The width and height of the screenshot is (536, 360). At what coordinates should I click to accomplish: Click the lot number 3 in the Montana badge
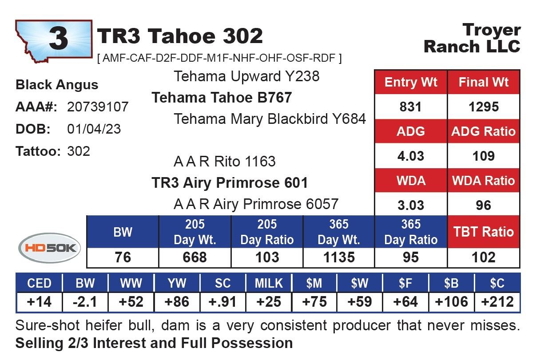click(x=58, y=38)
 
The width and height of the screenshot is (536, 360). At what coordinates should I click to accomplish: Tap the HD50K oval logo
click(x=50, y=248)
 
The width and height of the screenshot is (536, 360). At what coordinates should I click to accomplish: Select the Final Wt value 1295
click(x=484, y=107)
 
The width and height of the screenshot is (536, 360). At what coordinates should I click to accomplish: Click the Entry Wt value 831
click(x=410, y=107)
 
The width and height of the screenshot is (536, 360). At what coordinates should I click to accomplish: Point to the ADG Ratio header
click(x=483, y=131)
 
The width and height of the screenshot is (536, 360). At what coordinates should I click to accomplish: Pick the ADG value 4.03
click(x=411, y=156)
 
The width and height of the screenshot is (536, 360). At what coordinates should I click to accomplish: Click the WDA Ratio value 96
click(x=483, y=205)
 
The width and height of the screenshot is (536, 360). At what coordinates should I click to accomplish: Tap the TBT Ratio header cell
click(x=484, y=232)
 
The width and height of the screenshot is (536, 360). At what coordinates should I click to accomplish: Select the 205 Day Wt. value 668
click(x=195, y=257)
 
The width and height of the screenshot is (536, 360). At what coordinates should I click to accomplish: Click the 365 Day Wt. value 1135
click(x=339, y=257)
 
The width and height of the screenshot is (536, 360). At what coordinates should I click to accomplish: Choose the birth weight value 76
click(x=123, y=257)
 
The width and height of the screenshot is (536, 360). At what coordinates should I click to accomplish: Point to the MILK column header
click(x=269, y=283)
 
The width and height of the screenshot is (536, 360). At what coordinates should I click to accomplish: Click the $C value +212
click(x=497, y=302)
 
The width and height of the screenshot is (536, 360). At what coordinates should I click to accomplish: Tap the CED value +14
click(x=39, y=302)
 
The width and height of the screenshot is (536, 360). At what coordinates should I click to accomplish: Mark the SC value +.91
click(x=222, y=302)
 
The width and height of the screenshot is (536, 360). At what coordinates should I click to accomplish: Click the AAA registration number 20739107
click(x=98, y=107)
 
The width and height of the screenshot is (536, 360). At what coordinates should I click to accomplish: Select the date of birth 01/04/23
click(x=94, y=129)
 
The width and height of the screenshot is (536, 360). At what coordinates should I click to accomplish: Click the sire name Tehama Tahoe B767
click(x=222, y=98)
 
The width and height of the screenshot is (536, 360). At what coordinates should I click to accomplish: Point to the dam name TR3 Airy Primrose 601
click(x=230, y=183)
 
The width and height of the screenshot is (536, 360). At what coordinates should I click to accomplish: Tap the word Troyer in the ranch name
click(x=492, y=30)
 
